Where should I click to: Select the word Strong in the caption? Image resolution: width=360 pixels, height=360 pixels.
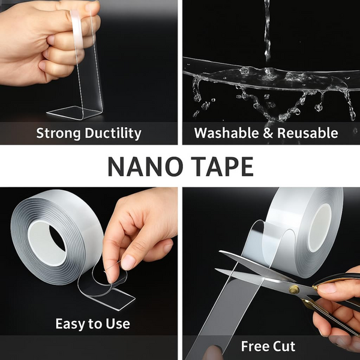[56, 133]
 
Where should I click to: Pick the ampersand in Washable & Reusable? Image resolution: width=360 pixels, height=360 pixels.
[268, 133]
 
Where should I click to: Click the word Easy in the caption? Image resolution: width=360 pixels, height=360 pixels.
[70, 324]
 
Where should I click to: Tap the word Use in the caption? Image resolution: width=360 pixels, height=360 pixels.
[118, 324]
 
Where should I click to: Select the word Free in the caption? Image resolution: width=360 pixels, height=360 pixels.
[254, 346]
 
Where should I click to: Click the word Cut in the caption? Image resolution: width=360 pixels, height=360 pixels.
[284, 346]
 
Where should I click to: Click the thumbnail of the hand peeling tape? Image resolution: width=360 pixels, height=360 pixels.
[128, 262]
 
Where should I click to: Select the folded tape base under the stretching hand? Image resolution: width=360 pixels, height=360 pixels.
[72, 112]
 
